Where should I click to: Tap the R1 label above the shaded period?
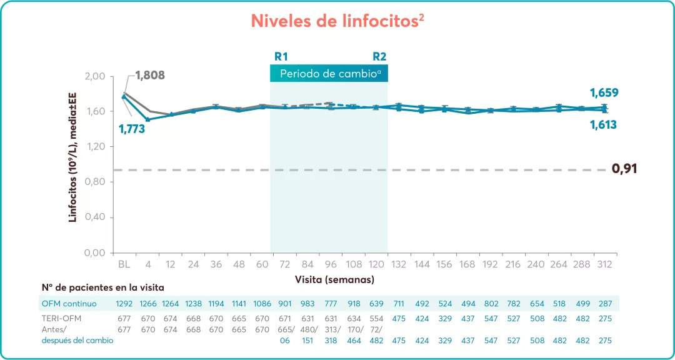tap(281, 56)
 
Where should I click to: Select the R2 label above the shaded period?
tap(379, 56)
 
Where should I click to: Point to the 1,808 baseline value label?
tap(150, 76)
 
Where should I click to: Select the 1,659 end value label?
tap(604, 93)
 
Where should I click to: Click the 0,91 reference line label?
tap(624, 169)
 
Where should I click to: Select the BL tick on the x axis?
tap(124, 264)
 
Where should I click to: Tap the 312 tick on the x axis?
tap(603, 264)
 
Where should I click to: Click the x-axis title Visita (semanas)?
tap(334, 279)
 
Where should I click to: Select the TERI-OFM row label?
tap(61, 319)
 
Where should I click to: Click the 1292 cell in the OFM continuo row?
tap(124, 304)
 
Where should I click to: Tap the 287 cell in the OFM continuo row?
tap(603, 304)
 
